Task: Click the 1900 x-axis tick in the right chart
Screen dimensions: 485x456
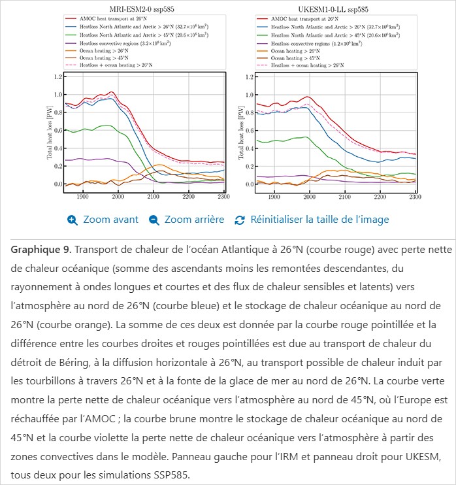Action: (274, 196)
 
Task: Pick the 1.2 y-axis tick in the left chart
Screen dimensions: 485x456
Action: (57, 77)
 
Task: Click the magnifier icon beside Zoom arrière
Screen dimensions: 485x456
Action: (154, 220)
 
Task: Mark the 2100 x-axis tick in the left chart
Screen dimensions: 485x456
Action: (153, 196)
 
